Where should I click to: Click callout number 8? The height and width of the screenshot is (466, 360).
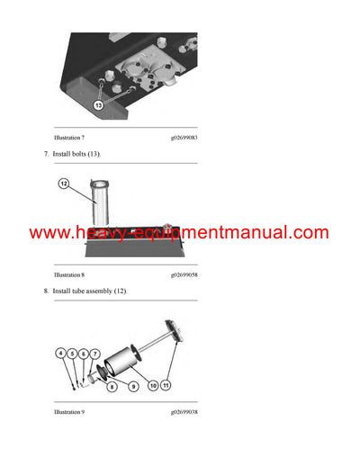[112, 387]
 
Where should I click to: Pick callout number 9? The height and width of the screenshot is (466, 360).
[132, 387]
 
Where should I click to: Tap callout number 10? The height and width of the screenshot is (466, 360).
[153, 387]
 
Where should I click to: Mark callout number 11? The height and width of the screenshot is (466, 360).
[166, 387]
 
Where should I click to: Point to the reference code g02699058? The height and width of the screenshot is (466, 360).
[184, 273]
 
